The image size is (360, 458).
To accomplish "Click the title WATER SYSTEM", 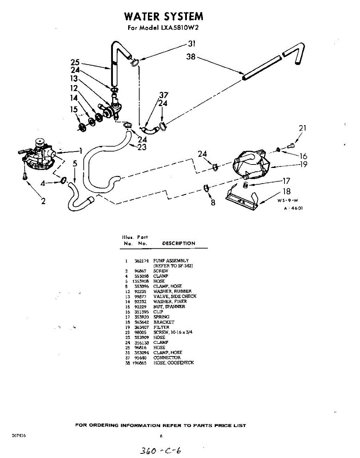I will click(164, 16).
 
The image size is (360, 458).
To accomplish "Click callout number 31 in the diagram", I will click(191, 43).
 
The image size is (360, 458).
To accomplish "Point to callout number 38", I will click(191, 56).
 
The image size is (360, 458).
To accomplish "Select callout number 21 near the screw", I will click(302, 128).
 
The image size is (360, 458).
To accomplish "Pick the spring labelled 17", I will click(246, 185).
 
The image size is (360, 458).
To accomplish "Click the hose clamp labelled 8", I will click(206, 187).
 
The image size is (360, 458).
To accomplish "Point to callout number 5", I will click(75, 164).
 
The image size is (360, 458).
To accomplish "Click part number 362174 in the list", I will click(141, 261).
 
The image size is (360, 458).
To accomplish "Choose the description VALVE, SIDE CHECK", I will click(175, 297).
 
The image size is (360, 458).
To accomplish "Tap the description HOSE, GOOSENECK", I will click(174, 363).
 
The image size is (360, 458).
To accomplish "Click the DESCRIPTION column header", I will click(178, 244).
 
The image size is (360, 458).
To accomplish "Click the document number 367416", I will click(19, 435).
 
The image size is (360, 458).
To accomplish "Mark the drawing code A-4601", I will click(293, 208).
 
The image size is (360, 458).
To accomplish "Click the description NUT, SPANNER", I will click(169, 307).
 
